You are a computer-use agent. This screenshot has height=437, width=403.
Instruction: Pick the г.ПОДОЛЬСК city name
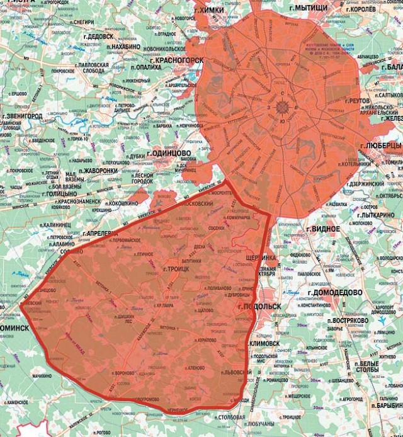(259, 306)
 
